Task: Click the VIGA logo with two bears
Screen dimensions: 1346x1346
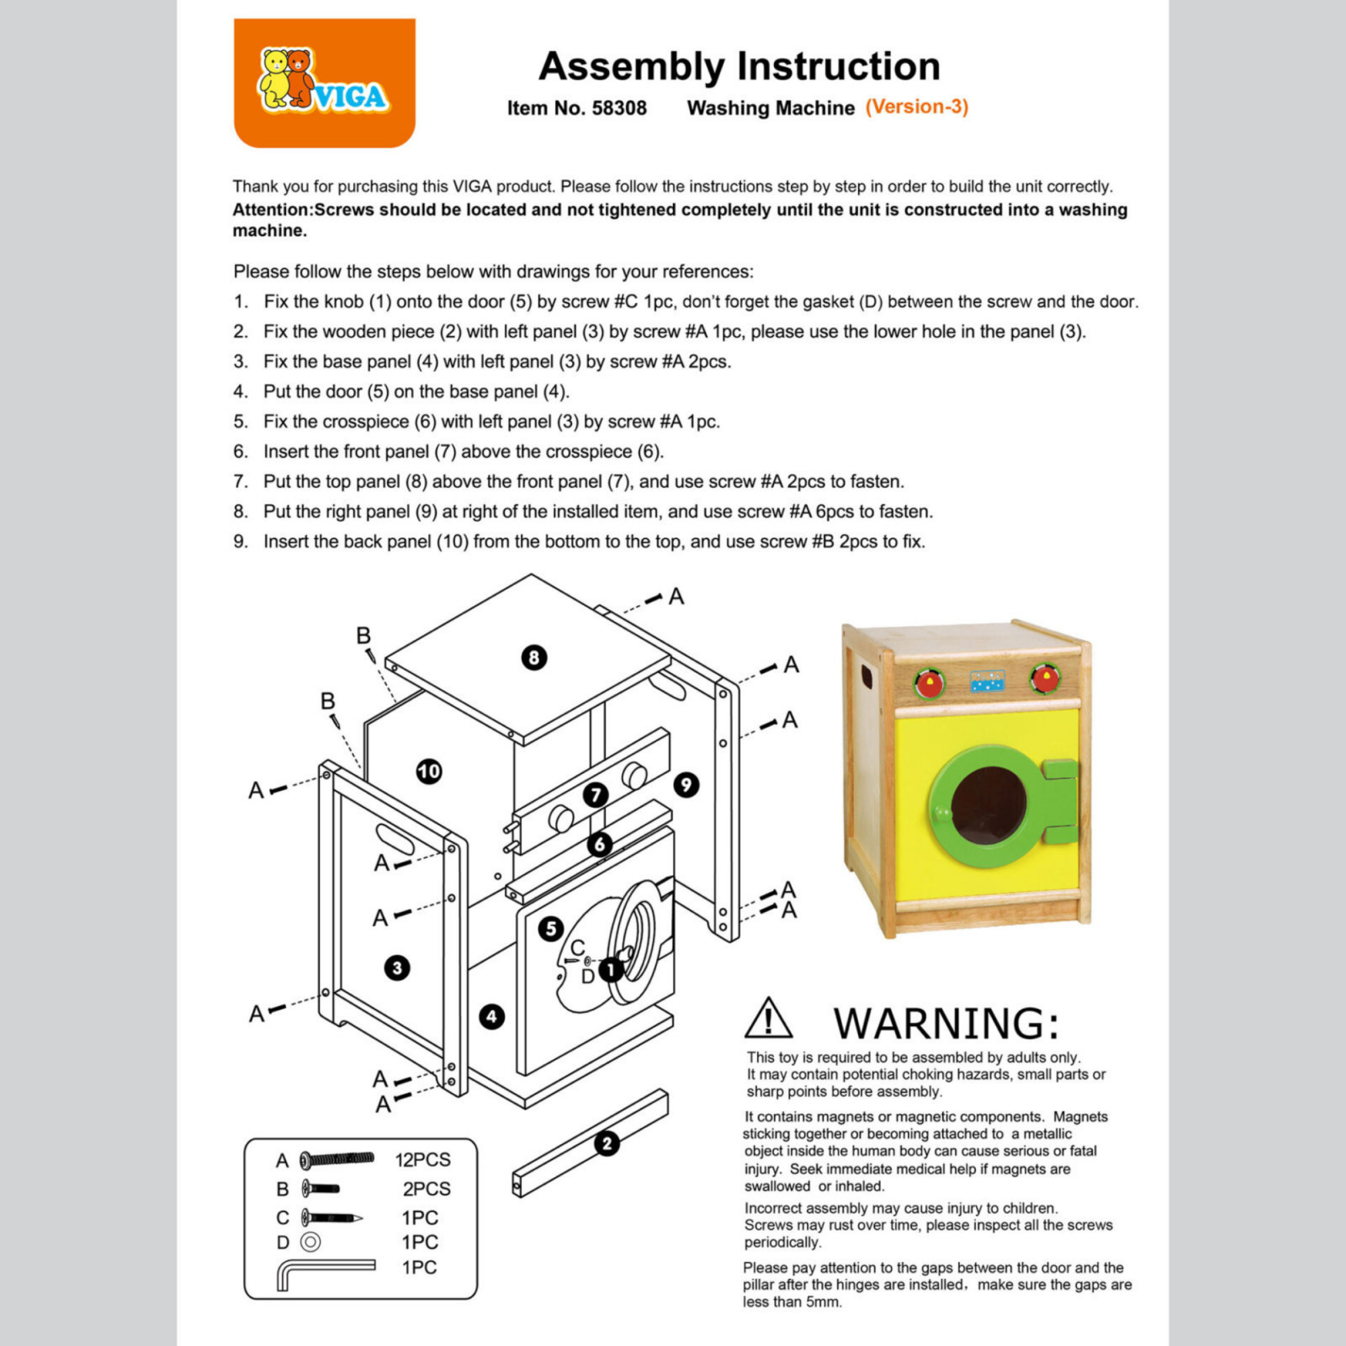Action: [324, 83]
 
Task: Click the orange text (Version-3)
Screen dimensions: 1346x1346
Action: [917, 106]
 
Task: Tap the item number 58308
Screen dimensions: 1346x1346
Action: [618, 108]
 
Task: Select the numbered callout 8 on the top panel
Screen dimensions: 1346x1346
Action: [534, 657]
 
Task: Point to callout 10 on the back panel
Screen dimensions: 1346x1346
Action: [429, 771]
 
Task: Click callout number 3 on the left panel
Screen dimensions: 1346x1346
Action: [397, 968]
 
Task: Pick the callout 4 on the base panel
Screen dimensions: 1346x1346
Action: [492, 1016]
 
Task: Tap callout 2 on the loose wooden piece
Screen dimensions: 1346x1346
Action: [607, 1143]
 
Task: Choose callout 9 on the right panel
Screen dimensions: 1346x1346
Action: [686, 785]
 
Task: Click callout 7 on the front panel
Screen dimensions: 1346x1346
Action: [596, 795]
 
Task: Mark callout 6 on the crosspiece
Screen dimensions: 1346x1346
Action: [600, 845]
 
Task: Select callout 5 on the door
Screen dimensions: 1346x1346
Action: [551, 929]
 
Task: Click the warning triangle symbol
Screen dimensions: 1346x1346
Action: [768, 1018]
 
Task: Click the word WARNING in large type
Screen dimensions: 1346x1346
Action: [946, 1023]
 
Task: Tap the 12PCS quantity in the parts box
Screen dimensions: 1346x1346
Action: [423, 1160]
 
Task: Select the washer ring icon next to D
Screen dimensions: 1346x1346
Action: [310, 1242]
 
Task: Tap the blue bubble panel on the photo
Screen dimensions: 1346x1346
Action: [987, 681]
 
